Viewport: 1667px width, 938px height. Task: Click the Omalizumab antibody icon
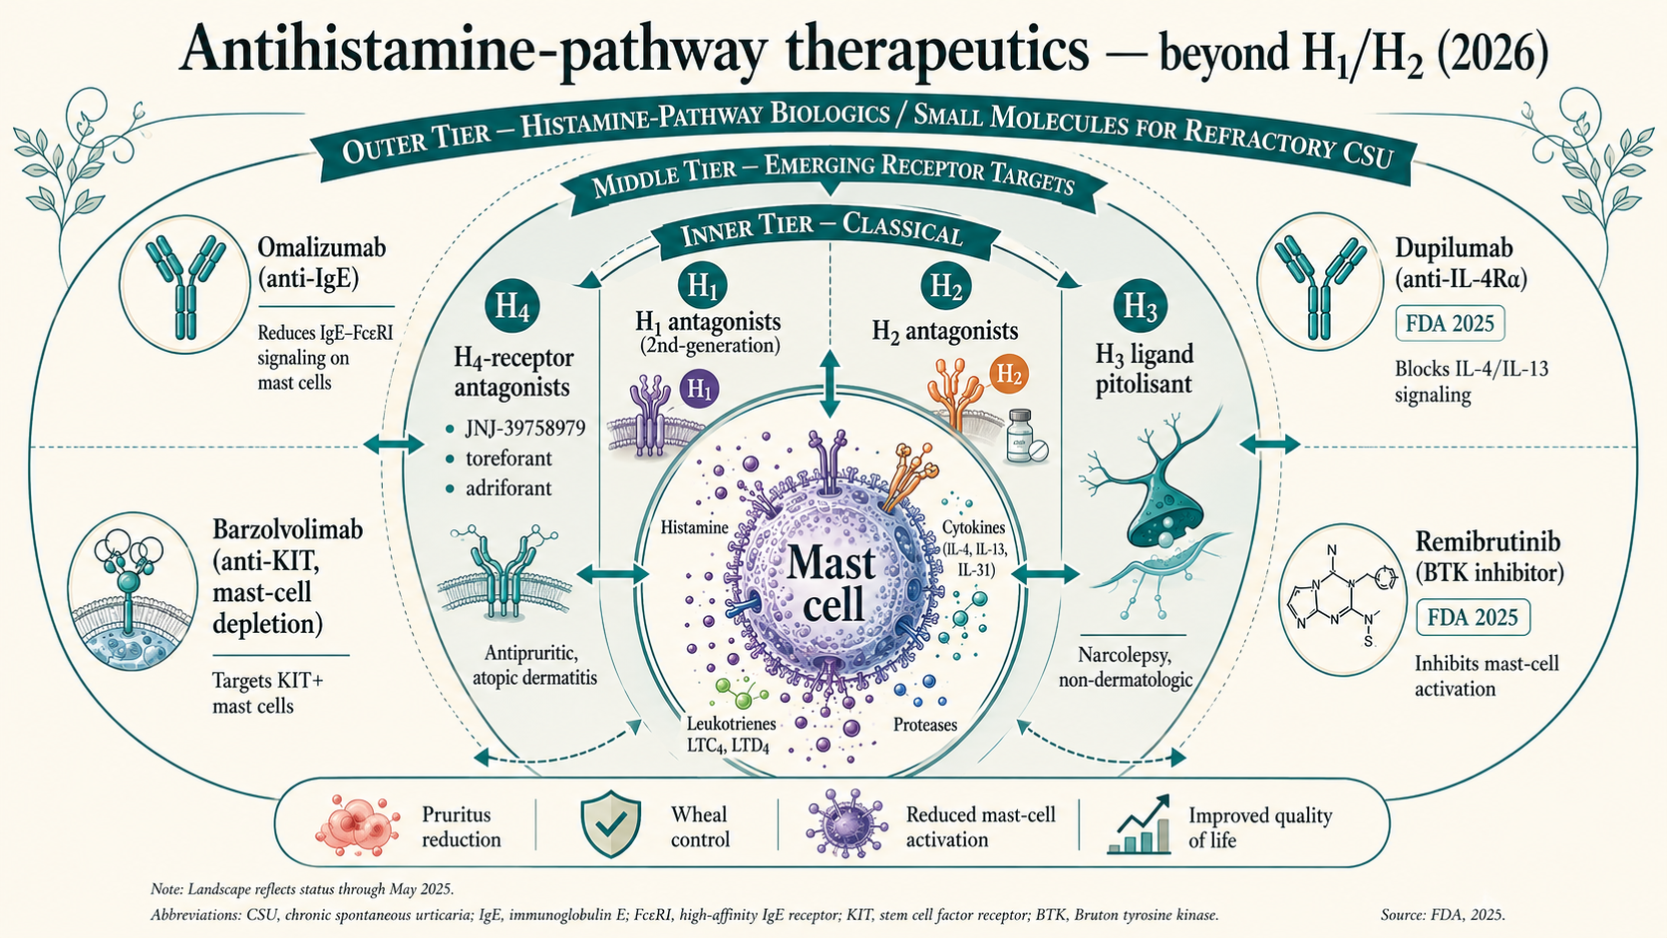pos(185,287)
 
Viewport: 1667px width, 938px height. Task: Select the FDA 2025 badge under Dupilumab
pos(1450,324)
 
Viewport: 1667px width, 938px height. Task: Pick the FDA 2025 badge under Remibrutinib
pos(1473,617)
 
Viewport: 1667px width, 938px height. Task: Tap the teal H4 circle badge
pos(512,306)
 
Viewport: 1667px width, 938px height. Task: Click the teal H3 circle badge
pos(1141,306)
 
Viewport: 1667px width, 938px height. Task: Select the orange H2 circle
pos(1008,374)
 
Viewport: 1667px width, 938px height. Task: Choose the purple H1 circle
pos(700,388)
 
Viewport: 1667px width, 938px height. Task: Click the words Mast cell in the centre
pos(833,583)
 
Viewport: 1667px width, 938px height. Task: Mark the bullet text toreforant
pos(509,459)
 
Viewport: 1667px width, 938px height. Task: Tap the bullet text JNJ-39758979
pos(525,429)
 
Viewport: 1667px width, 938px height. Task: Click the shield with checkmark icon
pos(610,824)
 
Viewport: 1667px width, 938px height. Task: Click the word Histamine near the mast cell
pos(694,527)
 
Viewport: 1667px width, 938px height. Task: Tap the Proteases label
pos(925,725)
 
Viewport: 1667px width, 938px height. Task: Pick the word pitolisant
pos(1144,384)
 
